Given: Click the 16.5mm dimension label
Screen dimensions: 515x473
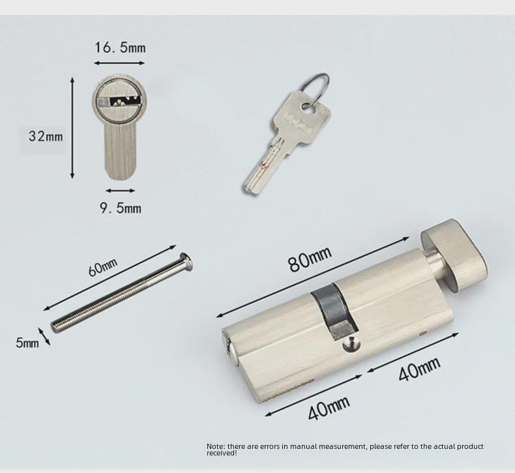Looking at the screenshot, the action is (x=120, y=48).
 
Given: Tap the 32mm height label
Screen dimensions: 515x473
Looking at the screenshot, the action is (x=46, y=136).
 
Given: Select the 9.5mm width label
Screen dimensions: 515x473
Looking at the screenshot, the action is (x=121, y=208).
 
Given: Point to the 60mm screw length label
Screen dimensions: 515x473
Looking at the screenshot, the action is (x=103, y=267).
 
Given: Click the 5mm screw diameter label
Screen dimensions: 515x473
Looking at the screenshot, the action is (x=27, y=343).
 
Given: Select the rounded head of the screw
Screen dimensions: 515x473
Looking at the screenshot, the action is (x=186, y=261).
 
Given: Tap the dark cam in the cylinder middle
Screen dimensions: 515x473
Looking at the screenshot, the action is (x=333, y=311).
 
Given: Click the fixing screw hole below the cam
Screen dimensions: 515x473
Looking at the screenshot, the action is (x=351, y=346).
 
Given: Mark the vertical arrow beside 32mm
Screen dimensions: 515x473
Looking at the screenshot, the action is (x=72, y=128).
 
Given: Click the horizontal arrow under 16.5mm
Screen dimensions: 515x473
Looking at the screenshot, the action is (x=119, y=63).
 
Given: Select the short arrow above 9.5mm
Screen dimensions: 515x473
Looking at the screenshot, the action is (x=120, y=190).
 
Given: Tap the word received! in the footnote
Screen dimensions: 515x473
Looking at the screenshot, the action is (x=222, y=453).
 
